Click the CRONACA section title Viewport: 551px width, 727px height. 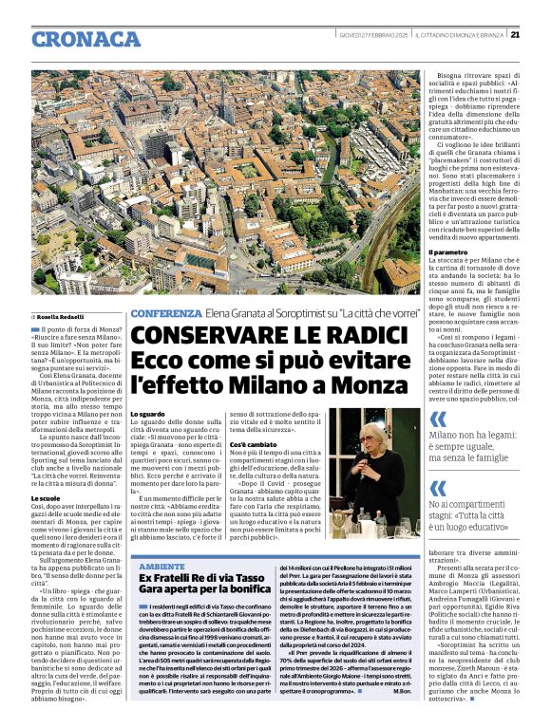pyautogui.click(x=85, y=39)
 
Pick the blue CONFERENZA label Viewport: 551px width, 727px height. pyautogui.click(x=165, y=313)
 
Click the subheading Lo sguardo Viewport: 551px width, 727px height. pyautogui.click(x=146, y=415)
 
